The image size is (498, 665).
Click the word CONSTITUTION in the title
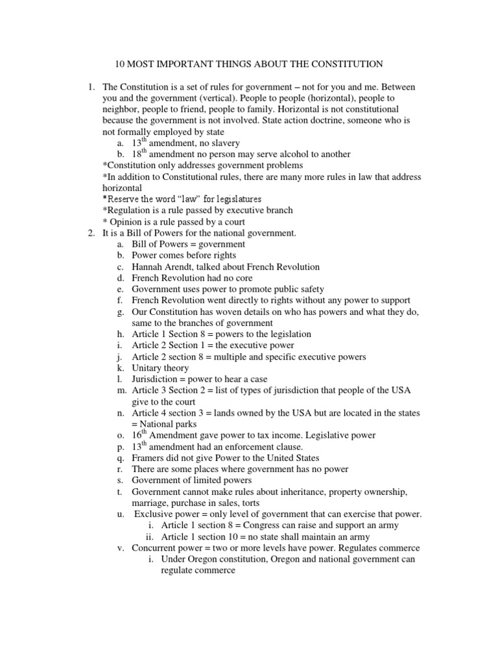[x=346, y=64]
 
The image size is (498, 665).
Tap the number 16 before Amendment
[x=137, y=436]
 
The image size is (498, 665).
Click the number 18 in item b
[x=137, y=155]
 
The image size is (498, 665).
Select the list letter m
[x=121, y=390]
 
